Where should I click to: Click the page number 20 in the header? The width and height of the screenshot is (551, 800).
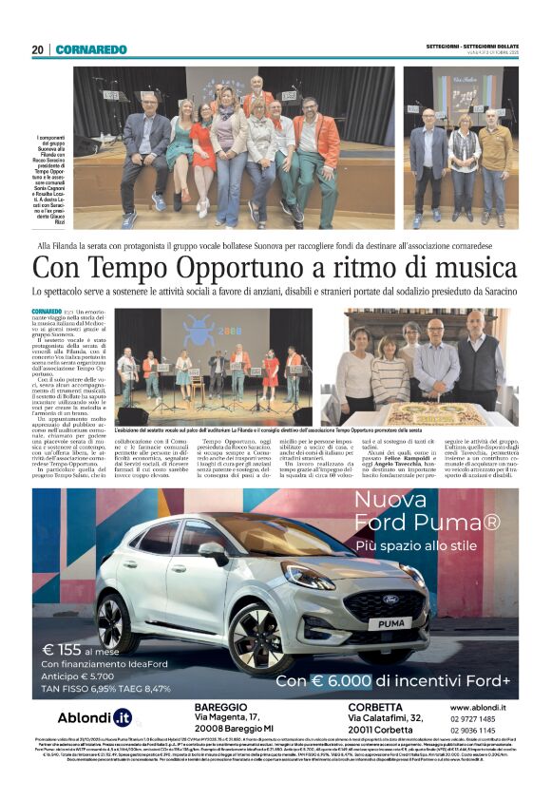point(37,49)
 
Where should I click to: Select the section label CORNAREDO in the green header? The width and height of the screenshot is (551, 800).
point(91,49)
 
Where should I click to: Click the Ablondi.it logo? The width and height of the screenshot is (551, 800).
point(96,718)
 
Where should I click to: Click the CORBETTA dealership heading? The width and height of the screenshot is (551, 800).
point(376,708)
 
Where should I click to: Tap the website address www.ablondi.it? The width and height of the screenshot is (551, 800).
point(477,708)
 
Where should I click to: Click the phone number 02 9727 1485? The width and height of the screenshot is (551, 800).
point(473,721)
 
